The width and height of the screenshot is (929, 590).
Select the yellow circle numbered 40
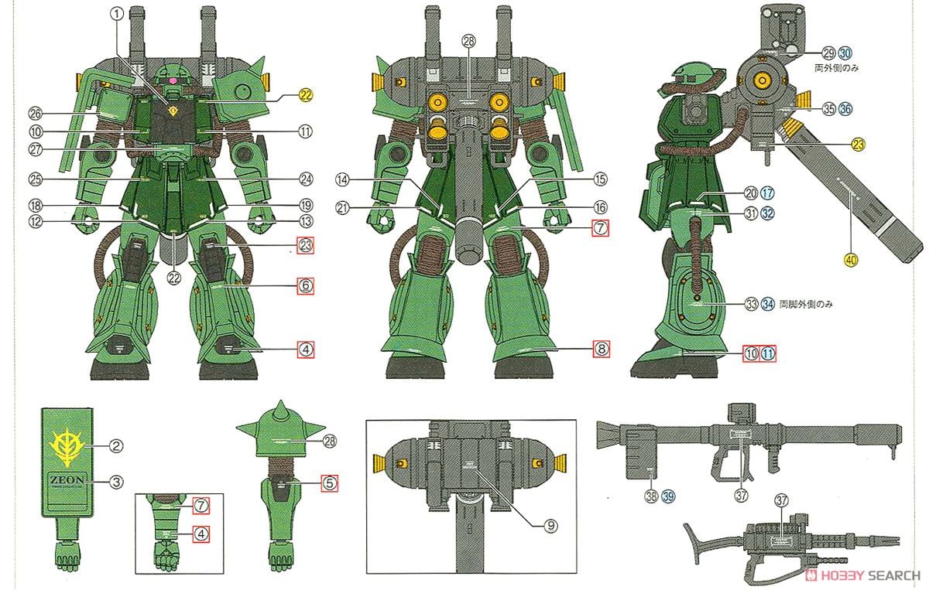[x=852, y=261]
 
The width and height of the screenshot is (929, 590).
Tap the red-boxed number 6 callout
[x=307, y=285]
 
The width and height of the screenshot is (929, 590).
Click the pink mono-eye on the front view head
[x=173, y=79]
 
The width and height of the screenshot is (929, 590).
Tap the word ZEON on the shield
[x=67, y=479]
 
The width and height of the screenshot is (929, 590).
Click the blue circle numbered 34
[x=767, y=304]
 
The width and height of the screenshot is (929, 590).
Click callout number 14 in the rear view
[x=343, y=180]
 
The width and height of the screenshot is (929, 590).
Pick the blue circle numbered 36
[x=845, y=110]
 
